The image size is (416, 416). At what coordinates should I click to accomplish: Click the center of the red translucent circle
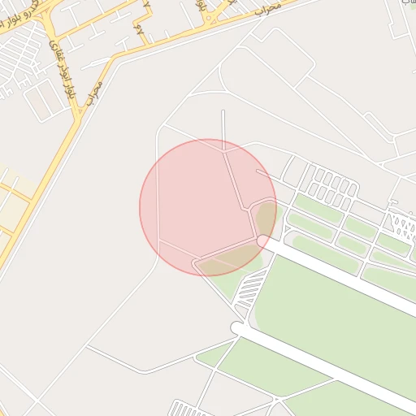208,207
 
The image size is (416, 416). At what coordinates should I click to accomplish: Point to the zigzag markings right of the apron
401,223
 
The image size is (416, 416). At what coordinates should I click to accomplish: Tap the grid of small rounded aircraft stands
328,185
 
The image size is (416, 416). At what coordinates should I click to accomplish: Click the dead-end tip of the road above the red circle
223,112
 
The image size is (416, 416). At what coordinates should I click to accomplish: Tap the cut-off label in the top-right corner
405,3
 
